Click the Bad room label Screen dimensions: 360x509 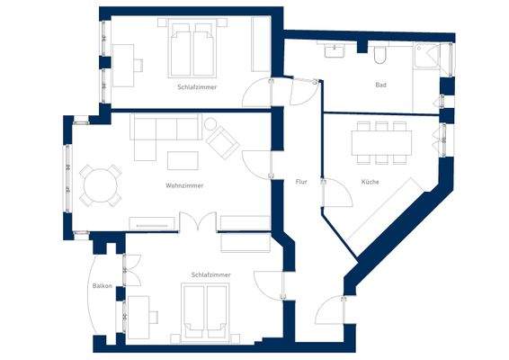[380, 85]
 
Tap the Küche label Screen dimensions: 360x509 [370, 182]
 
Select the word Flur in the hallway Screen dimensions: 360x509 [301, 182]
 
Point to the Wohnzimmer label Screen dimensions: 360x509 [183, 186]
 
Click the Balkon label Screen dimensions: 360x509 [102, 286]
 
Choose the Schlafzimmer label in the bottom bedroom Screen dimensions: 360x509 [210, 274]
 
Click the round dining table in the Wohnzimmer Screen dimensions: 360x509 [98, 185]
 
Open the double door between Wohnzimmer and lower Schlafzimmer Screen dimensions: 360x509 [196, 221]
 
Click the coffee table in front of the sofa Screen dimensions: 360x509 [183, 160]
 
